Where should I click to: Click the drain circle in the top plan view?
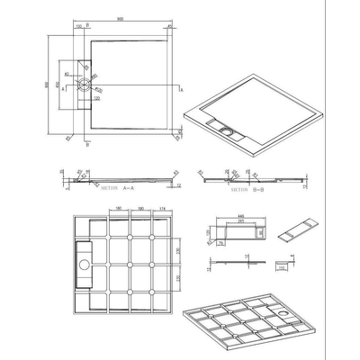pos(85,86)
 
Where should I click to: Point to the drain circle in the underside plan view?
pos(85,265)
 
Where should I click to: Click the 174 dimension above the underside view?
pos(161,209)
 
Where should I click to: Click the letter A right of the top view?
pos(182,91)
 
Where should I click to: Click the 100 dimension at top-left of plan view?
pos(79,27)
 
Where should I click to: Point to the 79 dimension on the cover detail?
pos(222,241)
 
